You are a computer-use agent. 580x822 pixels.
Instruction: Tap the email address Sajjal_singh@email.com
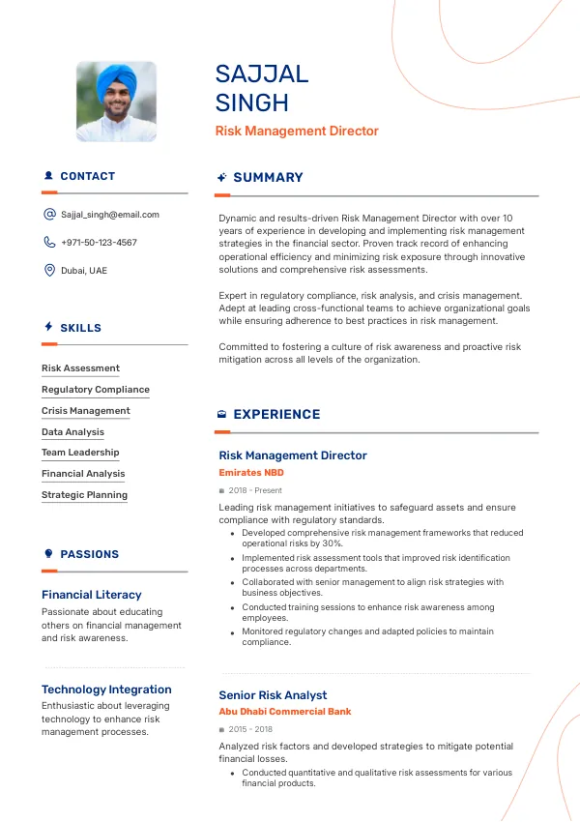(109, 215)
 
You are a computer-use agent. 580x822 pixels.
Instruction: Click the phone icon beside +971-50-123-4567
(49, 243)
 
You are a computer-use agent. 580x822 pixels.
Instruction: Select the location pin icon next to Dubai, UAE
(49, 271)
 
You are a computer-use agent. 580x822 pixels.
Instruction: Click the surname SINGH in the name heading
(251, 103)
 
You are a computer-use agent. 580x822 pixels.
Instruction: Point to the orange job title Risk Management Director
(297, 132)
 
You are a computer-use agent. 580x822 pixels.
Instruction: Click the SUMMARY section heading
(268, 178)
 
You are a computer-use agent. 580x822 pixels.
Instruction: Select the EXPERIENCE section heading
(276, 415)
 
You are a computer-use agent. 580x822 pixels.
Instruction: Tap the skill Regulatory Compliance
(96, 390)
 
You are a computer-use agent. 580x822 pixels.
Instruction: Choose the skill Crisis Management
(86, 411)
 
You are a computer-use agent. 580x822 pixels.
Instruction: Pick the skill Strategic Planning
(85, 495)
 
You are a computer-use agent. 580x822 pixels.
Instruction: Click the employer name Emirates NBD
(251, 473)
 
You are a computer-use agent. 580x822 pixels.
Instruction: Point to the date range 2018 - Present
(255, 491)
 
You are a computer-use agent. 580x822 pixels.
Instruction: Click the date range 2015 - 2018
(250, 729)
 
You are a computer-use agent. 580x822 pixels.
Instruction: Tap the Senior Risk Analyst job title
(273, 695)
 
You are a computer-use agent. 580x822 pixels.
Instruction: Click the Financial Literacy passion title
(92, 595)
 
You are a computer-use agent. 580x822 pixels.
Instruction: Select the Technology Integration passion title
(106, 690)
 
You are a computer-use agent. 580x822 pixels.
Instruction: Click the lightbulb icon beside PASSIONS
(48, 554)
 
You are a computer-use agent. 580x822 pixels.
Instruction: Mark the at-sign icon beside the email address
(49, 215)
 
